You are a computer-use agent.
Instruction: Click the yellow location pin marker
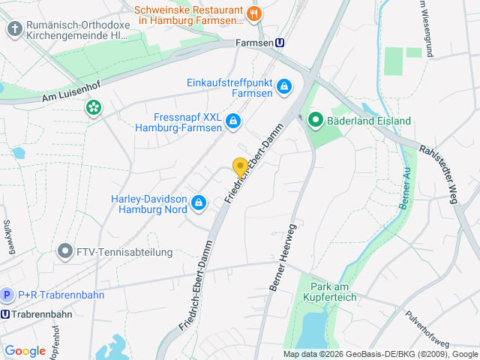240,168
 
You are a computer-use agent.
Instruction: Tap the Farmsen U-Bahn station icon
280,43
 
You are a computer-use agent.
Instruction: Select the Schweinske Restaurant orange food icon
254,12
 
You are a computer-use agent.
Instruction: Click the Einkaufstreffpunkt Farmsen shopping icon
284,88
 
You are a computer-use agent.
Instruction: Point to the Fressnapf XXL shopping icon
233,120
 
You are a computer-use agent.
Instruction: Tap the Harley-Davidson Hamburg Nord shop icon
199,202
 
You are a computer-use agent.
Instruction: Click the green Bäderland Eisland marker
316,120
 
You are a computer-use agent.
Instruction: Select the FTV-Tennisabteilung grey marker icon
65,252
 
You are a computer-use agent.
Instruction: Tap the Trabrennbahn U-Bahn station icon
6,314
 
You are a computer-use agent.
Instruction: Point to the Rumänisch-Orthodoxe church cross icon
14,29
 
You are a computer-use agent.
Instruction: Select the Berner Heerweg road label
282,257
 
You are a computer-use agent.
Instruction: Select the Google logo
25,350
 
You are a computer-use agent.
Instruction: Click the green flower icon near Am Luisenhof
93,109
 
